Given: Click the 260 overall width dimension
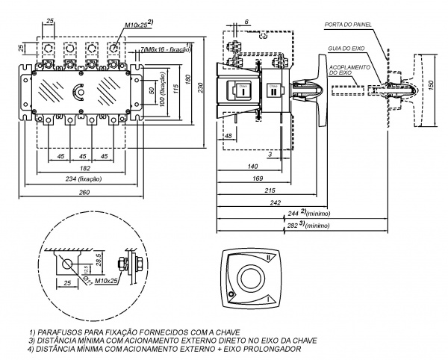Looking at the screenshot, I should pos(84,193).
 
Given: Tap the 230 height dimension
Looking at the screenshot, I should pos(200,86).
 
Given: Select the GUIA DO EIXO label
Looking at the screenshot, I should pos(345,49).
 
